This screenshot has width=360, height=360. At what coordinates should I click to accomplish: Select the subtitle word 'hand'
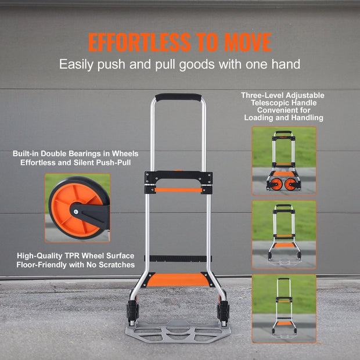point(287,64)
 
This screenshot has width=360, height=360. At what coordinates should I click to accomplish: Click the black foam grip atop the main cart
point(178,98)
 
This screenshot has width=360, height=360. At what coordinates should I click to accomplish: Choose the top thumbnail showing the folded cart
point(283,161)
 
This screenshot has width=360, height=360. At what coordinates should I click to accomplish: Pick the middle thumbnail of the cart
point(283,235)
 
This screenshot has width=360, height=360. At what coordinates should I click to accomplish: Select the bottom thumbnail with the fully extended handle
point(283,308)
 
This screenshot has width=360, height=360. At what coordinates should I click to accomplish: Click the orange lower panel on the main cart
point(178,280)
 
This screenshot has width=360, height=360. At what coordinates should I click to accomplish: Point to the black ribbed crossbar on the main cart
point(178,258)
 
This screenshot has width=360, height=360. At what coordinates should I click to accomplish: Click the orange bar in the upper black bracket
point(178,189)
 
